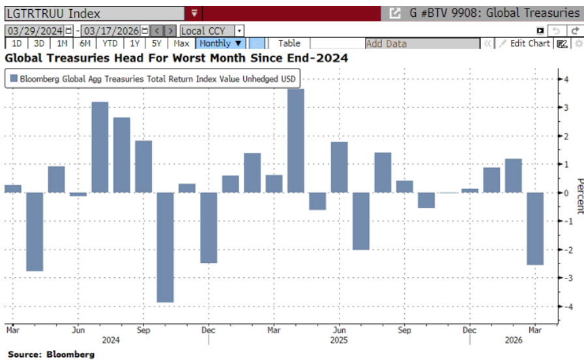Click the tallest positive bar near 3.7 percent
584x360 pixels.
tap(296, 140)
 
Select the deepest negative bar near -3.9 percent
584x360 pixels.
tap(165, 247)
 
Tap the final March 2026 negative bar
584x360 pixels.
tap(535, 229)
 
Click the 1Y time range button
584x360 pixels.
tap(134, 44)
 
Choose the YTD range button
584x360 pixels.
tap(110, 44)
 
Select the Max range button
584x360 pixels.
tap(181, 44)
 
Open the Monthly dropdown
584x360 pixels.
tap(220, 44)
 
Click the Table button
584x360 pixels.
tap(289, 44)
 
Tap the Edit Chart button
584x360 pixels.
tap(525, 44)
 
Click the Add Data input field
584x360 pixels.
tap(422, 44)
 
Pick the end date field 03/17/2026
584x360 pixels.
tap(115, 31)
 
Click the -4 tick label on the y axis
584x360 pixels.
tap(568, 307)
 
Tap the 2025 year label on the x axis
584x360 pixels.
tap(339, 340)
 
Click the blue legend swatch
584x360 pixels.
tap(14, 79)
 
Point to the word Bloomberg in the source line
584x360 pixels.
tap(70, 354)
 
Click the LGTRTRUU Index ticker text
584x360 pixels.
tap(53, 14)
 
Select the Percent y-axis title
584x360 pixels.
tap(580, 196)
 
